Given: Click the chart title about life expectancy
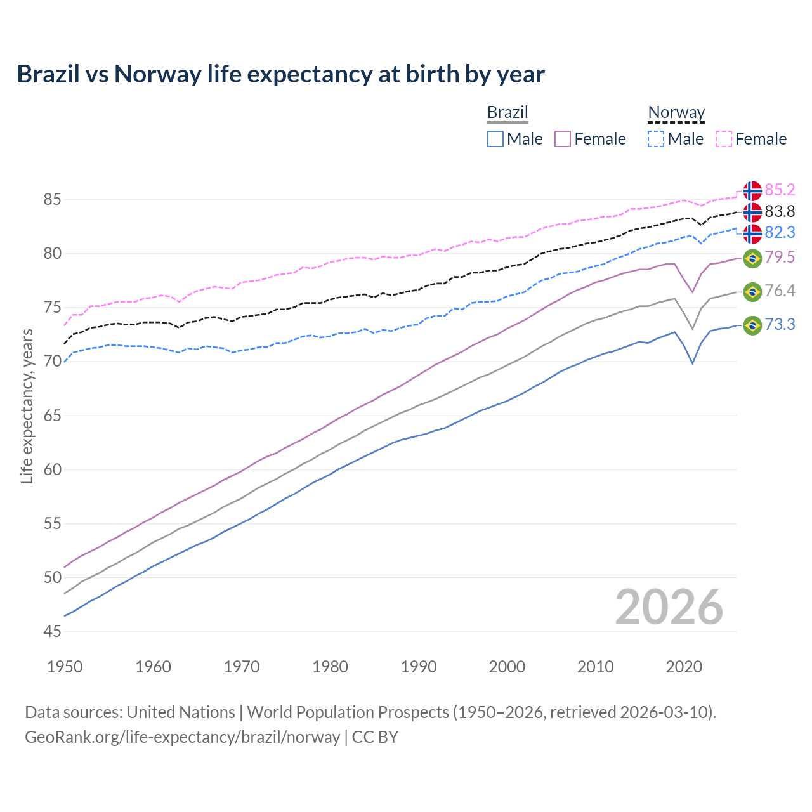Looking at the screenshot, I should [280, 74].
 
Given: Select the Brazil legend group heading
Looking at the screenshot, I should [507, 113].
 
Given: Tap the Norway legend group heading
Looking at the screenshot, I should [676, 113].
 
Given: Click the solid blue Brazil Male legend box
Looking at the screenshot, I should [495, 139].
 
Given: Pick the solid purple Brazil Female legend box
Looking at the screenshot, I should [563, 139].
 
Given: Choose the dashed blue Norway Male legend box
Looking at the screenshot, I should [657, 139].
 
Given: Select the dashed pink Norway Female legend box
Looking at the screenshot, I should [724, 139].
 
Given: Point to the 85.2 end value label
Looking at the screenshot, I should [780, 190].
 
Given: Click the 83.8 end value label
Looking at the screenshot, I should [780, 211].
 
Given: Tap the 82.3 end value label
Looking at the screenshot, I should [780, 233].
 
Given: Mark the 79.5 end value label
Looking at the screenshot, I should [780, 257].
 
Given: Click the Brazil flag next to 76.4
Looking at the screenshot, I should [752, 292].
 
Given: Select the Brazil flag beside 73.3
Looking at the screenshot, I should [752, 325].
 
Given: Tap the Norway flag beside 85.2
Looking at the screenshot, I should [752, 190].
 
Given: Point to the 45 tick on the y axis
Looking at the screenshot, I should [53, 632].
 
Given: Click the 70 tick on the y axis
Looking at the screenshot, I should [53, 362].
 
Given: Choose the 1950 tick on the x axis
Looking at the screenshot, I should [65, 667].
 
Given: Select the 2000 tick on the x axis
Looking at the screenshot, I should [507, 667].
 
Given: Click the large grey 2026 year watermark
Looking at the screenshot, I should [669, 607].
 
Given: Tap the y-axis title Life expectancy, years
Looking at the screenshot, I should [27, 406].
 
